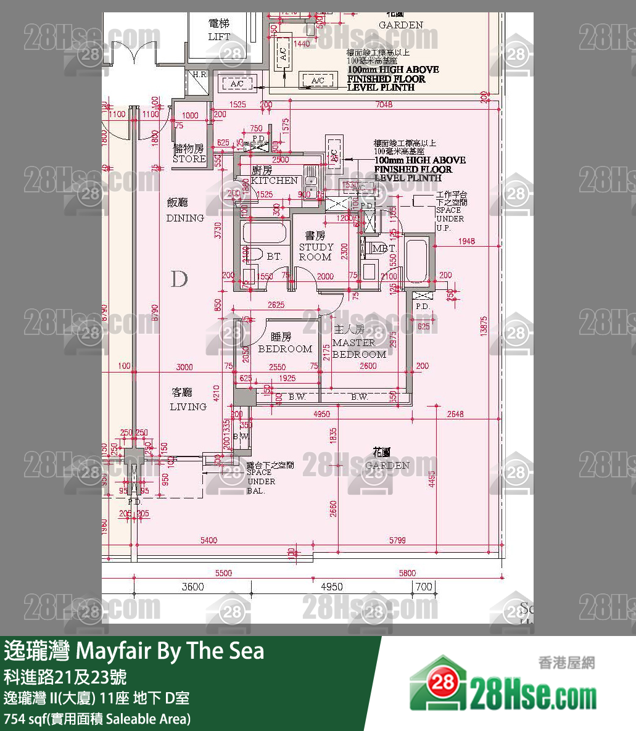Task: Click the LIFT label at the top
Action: (219, 36)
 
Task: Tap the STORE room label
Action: (189, 159)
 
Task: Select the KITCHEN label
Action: (275, 181)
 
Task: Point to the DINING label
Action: (185, 218)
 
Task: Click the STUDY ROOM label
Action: (316, 252)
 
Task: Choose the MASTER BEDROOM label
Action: (359, 349)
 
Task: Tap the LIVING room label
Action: (188, 407)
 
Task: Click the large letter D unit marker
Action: (179, 279)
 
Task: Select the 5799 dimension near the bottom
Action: (398, 540)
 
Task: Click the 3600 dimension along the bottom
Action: (192, 587)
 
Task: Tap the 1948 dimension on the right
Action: (466, 241)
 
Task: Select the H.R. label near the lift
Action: (200, 74)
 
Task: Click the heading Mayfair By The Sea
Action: (134, 651)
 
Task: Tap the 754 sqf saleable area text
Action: (97, 719)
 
